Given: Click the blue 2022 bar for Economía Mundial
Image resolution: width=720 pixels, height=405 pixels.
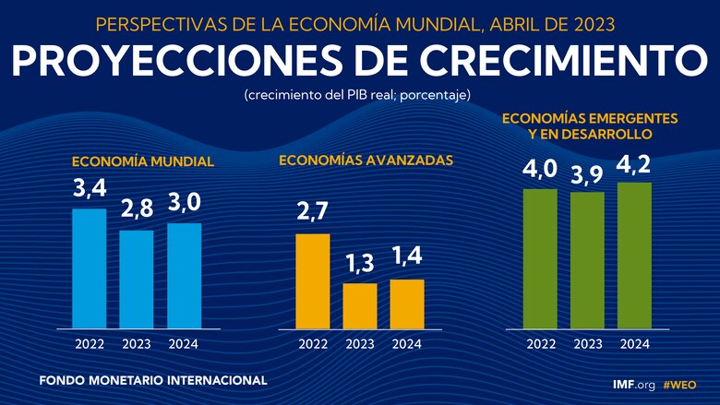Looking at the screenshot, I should click(x=90, y=268).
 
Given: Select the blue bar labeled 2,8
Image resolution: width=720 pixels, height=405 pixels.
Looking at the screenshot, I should click(x=137, y=279).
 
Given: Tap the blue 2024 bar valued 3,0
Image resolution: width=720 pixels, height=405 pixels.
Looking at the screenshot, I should click(x=184, y=275).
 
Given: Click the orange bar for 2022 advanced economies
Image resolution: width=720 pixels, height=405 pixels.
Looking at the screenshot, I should click(x=313, y=280).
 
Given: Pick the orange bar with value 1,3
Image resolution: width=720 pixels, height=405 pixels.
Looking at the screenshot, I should click(x=360, y=305).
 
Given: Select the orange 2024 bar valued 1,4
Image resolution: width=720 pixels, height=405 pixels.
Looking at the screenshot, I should click(x=407, y=304).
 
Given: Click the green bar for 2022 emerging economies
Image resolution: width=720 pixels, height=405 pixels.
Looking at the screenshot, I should click(x=540, y=258).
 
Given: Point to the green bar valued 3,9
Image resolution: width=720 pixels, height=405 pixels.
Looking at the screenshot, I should click(x=587, y=260).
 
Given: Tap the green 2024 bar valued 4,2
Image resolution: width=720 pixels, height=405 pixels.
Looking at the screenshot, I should click(x=635, y=255).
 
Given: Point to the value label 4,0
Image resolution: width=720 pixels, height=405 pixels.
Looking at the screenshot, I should click(x=540, y=170).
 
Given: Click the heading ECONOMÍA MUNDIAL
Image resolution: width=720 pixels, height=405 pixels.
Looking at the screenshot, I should click(x=143, y=161).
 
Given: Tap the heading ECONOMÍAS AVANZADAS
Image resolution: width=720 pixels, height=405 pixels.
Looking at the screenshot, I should click(x=366, y=160).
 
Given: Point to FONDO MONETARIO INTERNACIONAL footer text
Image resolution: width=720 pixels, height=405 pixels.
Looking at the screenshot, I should click(x=153, y=380).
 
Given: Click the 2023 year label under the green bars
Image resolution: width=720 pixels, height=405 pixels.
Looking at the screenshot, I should click(x=587, y=344).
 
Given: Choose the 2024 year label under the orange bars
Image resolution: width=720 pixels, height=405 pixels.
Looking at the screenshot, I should click(x=407, y=344).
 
